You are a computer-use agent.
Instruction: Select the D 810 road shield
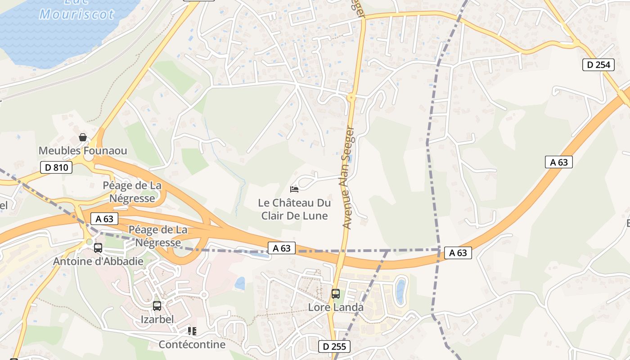[x=56, y=168]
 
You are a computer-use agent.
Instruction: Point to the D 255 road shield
[x=334, y=346]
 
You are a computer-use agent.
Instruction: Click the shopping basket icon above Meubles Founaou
[x=83, y=137]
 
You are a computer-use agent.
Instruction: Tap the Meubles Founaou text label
[x=83, y=151]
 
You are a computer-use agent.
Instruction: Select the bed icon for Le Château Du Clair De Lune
[x=294, y=189]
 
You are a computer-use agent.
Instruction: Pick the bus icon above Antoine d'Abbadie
[x=98, y=247]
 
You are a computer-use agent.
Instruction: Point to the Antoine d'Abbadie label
[x=98, y=261]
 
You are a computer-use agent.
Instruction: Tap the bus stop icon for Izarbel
[x=157, y=306]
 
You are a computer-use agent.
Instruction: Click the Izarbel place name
[x=157, y=319]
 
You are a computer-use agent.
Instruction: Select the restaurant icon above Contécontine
[x=192, y=332]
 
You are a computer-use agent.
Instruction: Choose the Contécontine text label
[x=192, y=345]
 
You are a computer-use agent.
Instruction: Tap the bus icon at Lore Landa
[x=336, y=294]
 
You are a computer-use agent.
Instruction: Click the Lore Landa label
[x=336, y=308]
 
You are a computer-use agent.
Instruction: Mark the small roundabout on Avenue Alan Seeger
[x=351, y=97]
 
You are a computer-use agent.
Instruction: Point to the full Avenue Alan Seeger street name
[x=348, y=178]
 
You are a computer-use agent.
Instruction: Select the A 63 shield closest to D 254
[x=558, y=162]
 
